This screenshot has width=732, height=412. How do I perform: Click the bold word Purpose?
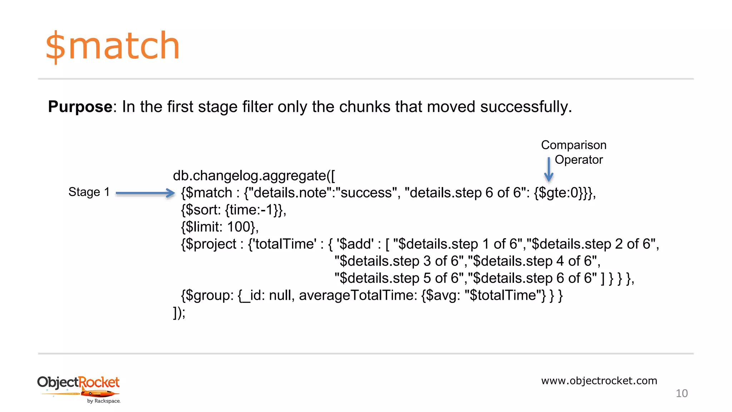[80, 107]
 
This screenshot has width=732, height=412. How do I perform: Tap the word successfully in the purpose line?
[525, 107]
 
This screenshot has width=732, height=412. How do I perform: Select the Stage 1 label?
[89, 192]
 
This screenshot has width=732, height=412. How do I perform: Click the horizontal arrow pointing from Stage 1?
[145, 193]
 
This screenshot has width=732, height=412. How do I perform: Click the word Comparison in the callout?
[574, 145]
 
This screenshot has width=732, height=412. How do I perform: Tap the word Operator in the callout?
[579, 160]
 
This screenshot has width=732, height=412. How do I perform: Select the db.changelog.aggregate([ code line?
[254, 176]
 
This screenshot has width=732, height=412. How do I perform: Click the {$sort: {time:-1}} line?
[233, 210]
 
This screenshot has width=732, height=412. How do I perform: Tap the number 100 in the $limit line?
[239, 227]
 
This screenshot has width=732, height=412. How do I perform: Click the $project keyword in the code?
[211, 244]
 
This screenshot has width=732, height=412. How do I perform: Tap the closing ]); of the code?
[179, 313]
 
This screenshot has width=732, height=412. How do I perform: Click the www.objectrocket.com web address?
[599, 381]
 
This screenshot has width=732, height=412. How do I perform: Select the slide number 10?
[682, 393]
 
